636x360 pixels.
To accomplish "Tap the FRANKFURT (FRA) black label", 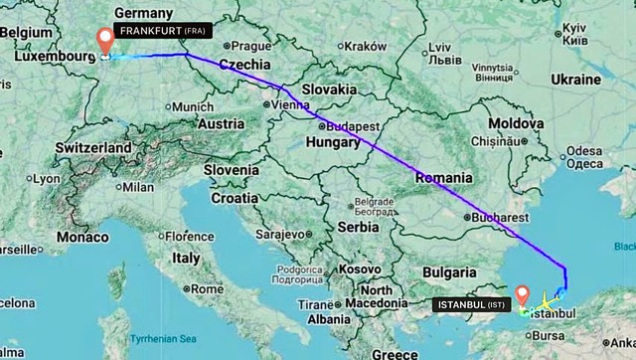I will [163, 32].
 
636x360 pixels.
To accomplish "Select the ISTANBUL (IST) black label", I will [471, 304].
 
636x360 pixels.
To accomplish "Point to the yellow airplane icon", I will [547, 301].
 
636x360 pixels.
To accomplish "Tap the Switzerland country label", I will [92, 147].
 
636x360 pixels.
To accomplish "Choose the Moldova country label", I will [514, 121].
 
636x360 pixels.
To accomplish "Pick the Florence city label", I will [189, 237].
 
